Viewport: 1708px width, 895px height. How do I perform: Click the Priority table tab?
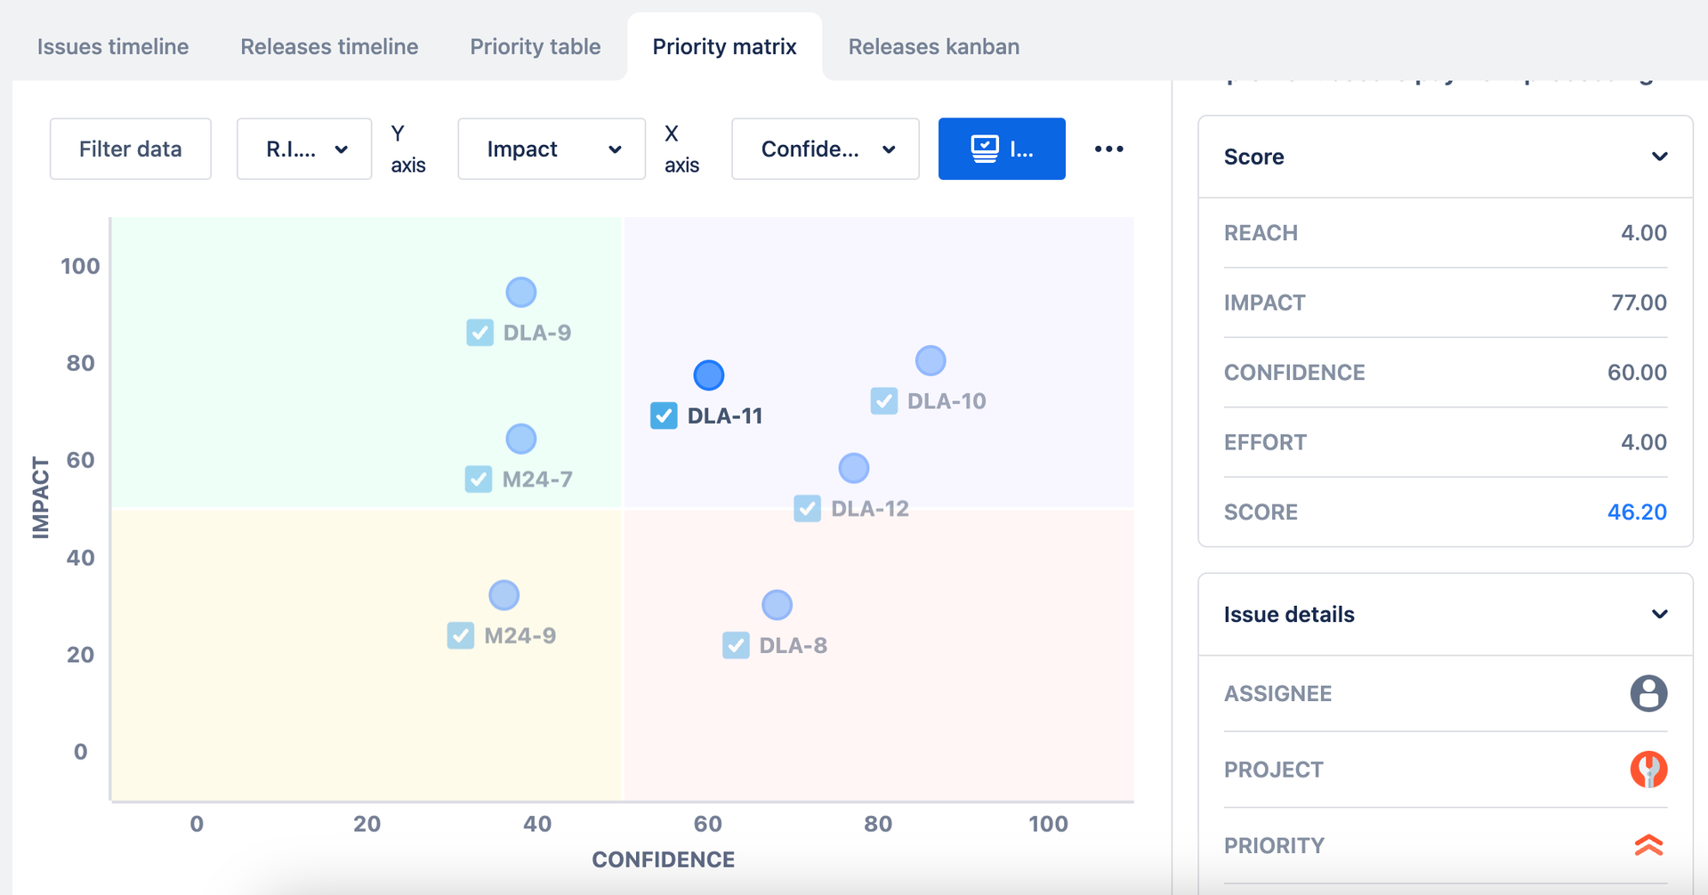point(535,47)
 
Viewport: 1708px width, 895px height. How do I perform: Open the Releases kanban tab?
point(933,47)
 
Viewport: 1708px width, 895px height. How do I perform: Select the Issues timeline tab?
point(113,47)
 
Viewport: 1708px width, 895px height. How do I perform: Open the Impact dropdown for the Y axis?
point(551,149)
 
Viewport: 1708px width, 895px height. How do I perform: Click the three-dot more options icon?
point(1108,149)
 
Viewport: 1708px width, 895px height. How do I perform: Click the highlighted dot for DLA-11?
point(709,375)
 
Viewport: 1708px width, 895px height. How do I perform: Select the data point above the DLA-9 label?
point(521,292)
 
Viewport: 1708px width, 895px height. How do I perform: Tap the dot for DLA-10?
point(931,360)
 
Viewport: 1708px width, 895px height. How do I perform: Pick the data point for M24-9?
point(504,595)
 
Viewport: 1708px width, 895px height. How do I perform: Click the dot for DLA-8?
point(777,605)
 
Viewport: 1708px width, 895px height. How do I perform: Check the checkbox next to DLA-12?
point(807,509)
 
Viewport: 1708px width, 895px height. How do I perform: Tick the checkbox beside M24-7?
point(479,480)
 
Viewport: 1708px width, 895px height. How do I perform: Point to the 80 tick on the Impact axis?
point(80,363)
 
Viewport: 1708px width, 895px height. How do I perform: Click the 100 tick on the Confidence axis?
point(1048,824)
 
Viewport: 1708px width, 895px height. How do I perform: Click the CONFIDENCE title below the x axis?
point(663,859)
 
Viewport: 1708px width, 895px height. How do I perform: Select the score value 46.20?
point(1636,512)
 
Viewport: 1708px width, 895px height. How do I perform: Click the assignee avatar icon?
point(1648,694)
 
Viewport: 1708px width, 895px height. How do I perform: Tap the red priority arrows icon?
point(1648,845)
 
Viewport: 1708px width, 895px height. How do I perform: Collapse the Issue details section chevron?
point(1659,615)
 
